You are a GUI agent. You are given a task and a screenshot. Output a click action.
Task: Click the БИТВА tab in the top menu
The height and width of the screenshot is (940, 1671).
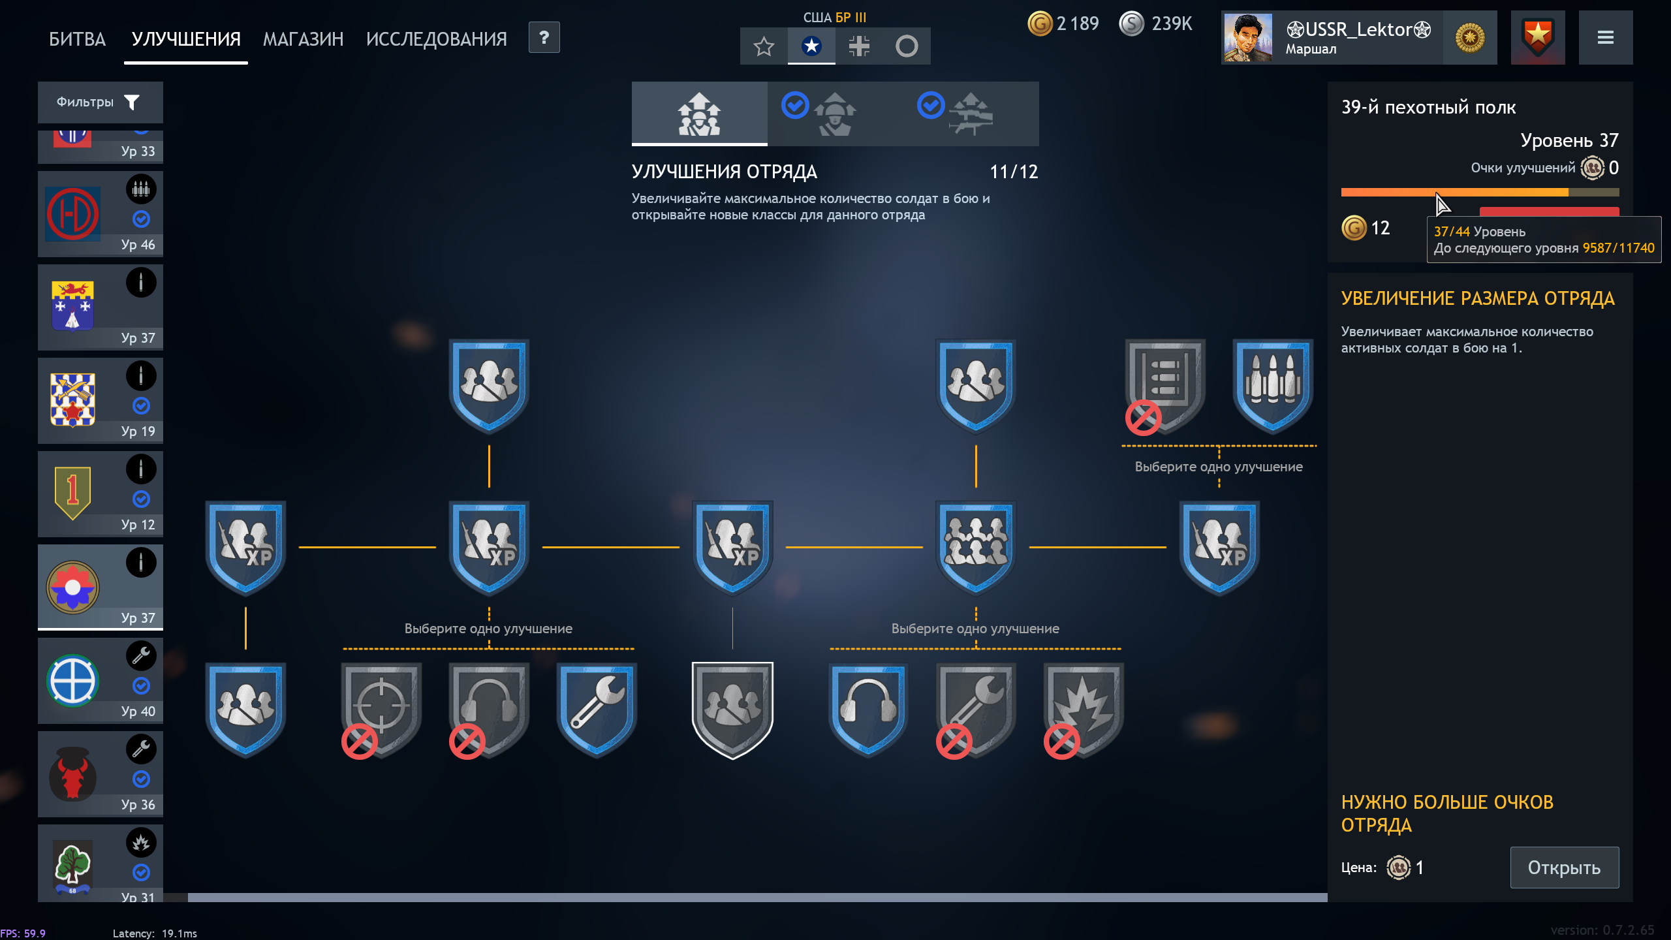tap(77, 39)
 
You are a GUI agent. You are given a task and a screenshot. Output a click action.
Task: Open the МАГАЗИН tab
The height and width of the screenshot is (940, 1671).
tap(303, 39)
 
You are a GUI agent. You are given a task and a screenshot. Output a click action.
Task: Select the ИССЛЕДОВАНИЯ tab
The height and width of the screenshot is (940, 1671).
tap(436, 39)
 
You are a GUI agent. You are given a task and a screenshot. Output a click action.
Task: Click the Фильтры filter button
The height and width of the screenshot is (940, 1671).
tap(100, 102)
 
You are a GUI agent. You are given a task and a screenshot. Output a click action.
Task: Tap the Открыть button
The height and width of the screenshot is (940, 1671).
tap(1564, 868)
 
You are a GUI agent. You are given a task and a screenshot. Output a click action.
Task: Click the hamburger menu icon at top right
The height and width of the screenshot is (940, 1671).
tap(1605, 38)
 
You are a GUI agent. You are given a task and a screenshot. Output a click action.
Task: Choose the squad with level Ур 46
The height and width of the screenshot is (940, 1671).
tap(100, 214)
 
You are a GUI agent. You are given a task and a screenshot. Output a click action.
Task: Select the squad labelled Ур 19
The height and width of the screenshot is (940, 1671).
tap(100, 401)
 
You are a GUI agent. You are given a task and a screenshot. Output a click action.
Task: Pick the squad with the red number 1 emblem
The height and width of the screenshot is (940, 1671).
tap(100, 494)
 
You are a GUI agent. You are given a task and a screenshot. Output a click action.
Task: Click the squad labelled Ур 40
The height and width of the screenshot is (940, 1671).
tap(100, 681)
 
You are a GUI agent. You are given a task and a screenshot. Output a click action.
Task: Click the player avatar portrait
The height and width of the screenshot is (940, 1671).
tap(1247, 38)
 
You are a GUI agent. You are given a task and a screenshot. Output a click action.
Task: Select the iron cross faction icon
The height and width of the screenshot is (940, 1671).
tap(859, 46)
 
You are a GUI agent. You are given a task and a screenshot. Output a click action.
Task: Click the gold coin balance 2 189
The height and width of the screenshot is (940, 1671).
tap(1064, 23)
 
